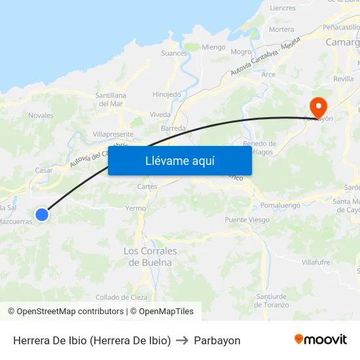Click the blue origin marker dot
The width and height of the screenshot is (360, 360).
click(x=42, y=214)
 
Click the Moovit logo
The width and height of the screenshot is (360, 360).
click(x=320, y=340)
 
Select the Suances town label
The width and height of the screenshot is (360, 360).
click(x=174, y=54)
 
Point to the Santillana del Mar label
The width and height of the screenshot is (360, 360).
click(x=109, y=99)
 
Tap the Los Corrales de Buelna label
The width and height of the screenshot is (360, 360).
click(x=150, y=257)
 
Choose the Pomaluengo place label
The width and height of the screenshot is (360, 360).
click(x=279, y=206)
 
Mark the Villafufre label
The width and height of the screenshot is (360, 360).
click(x=315, y=262)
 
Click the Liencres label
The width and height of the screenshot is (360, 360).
click(x=283, y=9)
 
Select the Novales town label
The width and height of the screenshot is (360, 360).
click(x=41, y=115)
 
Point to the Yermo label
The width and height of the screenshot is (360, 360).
click(x=135, y=208)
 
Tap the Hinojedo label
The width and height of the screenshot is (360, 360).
click(x=166, y=94)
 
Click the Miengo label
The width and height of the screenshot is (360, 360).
click(x=213, y=47)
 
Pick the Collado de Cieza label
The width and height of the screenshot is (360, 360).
click(x=122, y=297)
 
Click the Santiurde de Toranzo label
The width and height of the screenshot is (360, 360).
click(x=271, y=300)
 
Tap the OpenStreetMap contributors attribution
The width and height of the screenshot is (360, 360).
click(x=65, y=312)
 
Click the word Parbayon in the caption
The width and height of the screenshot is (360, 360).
click(x=217, y=340)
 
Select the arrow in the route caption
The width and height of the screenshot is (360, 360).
click(x=183, y=340)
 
